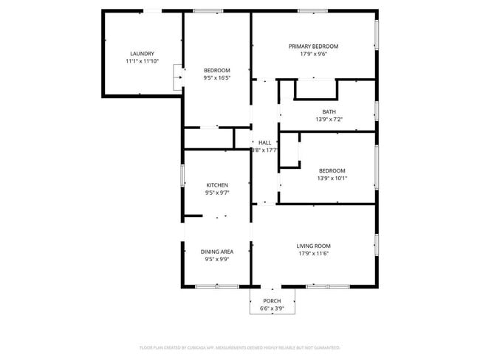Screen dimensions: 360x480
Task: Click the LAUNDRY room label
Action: (142, 54)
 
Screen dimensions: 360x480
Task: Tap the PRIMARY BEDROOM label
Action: (313, 46)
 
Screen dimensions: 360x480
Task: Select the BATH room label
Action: (329, 111)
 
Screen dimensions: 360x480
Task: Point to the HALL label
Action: (264, 142)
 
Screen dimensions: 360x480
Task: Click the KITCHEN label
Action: (217, 185)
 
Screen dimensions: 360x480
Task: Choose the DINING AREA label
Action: (217, 252)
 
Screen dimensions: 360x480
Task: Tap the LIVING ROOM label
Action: (313, 246)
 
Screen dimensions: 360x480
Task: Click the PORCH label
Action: (272, 301)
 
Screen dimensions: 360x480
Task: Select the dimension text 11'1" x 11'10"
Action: (142, 62)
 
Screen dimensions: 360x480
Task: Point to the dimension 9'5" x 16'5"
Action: (217, 77)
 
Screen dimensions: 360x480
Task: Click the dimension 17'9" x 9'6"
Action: (313, 54)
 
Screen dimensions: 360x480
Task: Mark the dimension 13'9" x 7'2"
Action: (329, 120)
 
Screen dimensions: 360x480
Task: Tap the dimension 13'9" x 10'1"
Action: (332, 178)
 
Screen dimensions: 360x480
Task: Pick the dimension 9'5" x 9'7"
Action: (217, 193)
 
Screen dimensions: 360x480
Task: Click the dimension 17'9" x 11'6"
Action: (313, 254)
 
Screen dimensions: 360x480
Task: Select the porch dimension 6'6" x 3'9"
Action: (272, 308)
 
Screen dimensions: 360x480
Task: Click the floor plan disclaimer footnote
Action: (240, 347)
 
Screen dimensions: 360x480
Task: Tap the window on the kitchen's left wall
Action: (183, 178)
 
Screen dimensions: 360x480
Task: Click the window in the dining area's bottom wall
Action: (217, 286)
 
